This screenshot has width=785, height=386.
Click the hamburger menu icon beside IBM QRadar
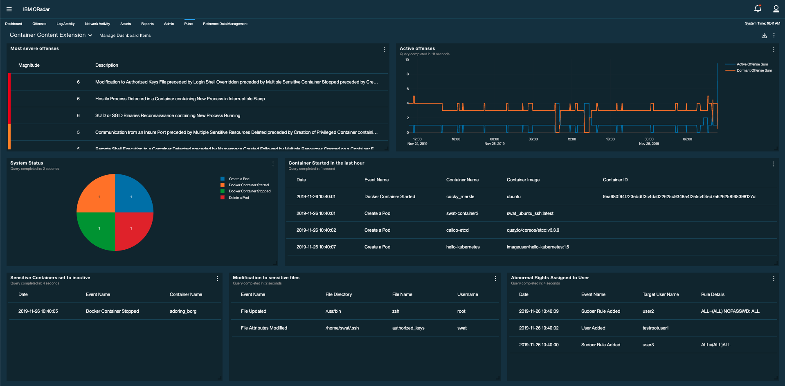[9, 9]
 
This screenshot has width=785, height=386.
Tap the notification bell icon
[758, 9]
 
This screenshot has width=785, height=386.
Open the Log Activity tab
[65, 24]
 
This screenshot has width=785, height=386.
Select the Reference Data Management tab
[225, 24]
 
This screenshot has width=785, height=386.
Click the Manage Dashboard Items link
[125, 36]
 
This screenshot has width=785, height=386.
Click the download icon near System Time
[764, 36]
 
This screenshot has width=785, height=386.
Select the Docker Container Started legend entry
[248, 185]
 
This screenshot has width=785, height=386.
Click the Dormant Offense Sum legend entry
[754, 70]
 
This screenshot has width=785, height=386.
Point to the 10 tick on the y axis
[407, 60]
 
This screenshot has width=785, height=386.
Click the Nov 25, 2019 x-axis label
[494, 144]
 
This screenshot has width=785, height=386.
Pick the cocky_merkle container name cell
[460, 196]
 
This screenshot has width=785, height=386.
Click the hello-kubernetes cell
[463, 247]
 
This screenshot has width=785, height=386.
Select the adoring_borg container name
[183, 311]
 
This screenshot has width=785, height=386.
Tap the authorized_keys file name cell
[408, 328]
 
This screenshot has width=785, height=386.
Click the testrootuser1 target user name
[655, 328]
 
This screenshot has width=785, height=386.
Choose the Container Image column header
[523, 180]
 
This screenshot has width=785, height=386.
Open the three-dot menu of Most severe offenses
[384, 49]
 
